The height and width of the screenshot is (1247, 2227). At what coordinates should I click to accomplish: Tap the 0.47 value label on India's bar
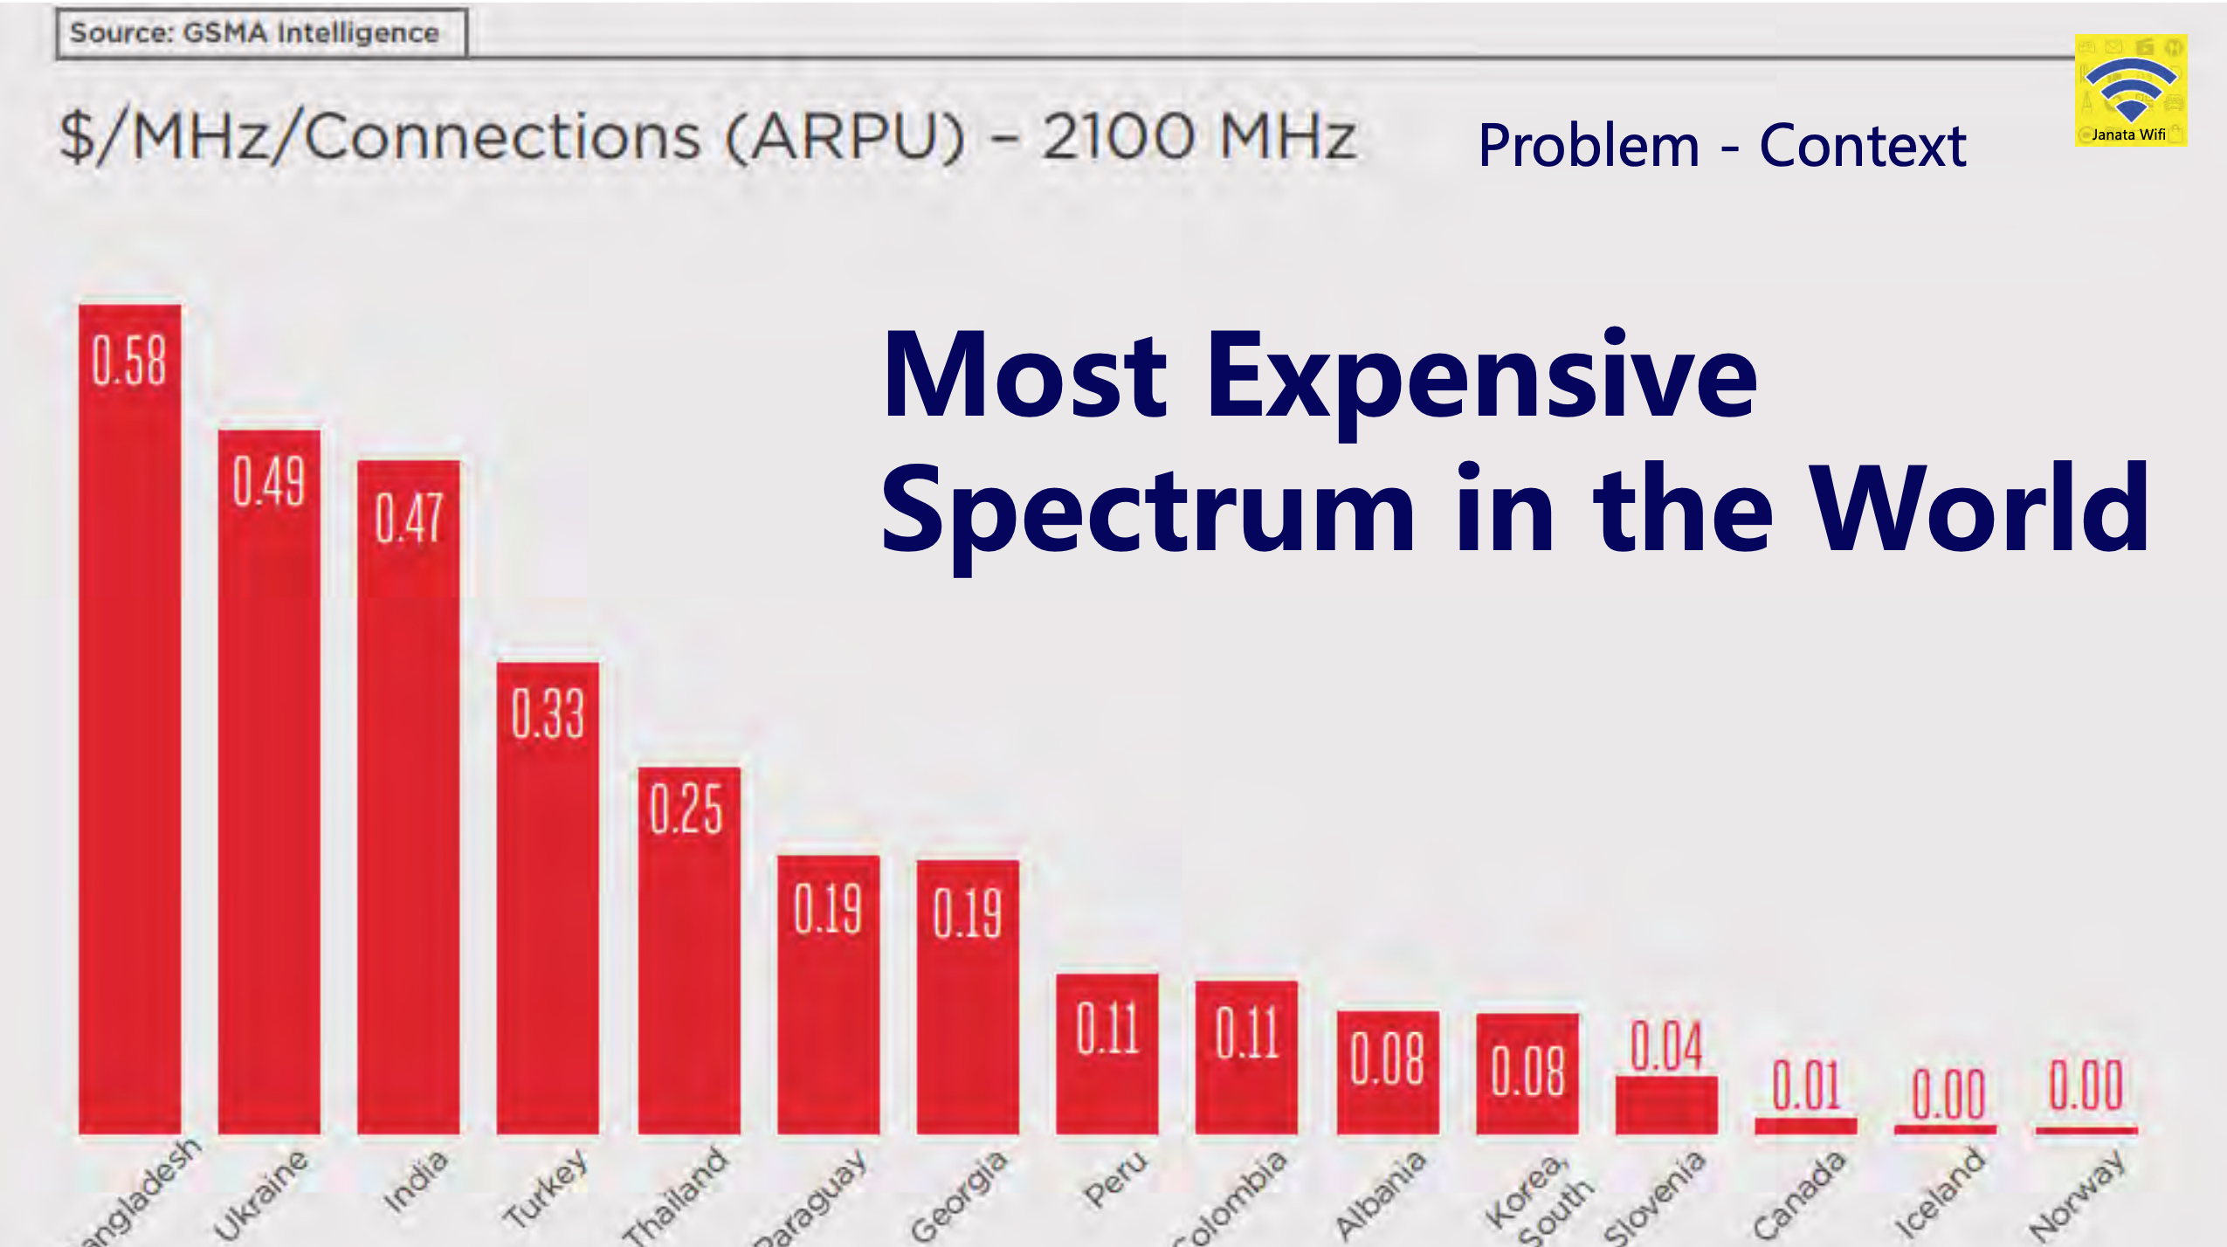[409, 518]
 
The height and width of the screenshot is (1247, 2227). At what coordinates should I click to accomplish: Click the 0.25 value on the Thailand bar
[686, 809]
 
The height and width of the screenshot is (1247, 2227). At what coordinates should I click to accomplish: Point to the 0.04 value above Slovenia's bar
[1666, 1045]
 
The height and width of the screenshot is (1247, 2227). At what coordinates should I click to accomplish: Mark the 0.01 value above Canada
[1805, 1085]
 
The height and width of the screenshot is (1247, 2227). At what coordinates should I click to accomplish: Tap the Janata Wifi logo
[2130, 90]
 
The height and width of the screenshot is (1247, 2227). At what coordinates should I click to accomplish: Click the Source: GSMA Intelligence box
[261, 33]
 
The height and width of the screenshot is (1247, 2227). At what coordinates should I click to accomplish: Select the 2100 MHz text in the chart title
[1198, 137]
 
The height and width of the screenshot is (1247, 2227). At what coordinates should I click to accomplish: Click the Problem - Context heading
[1721, 145]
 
